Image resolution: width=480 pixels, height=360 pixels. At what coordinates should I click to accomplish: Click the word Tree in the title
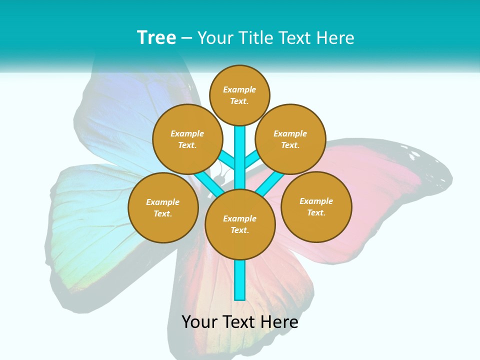click(156, 38)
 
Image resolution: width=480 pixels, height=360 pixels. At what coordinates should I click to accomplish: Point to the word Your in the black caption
click(199, 322)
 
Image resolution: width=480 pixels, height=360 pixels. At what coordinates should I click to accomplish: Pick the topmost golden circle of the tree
click(239, 95)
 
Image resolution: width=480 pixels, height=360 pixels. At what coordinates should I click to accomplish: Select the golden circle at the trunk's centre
click(240, 224)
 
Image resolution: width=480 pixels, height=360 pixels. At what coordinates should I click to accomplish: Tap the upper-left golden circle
click(187, 139)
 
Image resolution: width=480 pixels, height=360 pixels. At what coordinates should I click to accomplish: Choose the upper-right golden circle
click(290, 139)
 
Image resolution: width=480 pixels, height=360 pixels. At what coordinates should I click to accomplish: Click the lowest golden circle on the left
click(163, 207)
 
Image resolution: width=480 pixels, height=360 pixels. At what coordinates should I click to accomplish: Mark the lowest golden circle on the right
click(316, 206)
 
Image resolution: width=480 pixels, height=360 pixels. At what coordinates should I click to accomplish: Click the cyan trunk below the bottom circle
click(240, 280)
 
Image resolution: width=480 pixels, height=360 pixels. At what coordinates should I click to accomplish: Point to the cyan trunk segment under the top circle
click(240, 145)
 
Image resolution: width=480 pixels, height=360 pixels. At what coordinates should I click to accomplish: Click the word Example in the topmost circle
click(239, 89)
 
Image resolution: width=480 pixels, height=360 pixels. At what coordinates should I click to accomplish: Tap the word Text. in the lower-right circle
click(316, 212)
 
